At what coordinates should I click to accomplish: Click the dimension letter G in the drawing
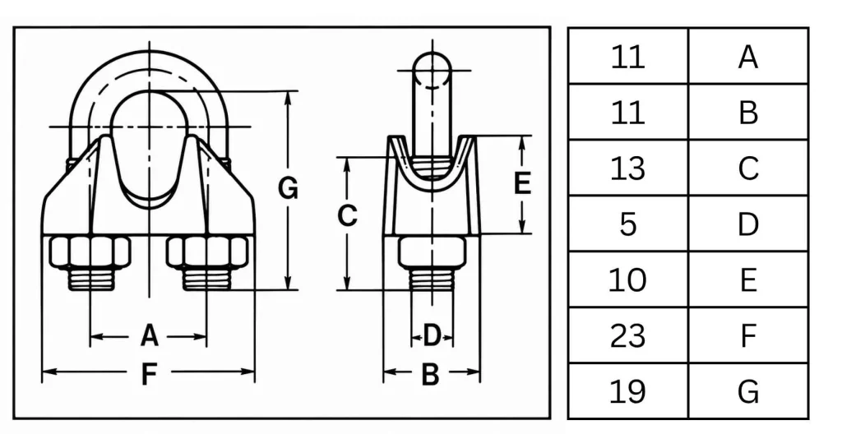288,188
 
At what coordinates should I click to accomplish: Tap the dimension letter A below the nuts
150,336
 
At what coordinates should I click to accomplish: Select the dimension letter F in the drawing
149,373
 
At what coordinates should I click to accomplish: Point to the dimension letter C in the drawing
348,215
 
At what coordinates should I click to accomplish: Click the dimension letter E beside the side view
522,183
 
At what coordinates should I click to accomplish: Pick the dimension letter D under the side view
432,336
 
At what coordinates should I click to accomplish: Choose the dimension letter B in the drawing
430,374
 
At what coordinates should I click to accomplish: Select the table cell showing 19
627,391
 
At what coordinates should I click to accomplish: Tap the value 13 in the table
627,168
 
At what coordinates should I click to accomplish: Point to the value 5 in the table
627,224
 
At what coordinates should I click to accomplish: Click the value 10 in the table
627,280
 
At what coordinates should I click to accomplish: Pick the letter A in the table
748,57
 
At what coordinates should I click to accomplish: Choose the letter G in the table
748,391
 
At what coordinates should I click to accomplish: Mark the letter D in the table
748,224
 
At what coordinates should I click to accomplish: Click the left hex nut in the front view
90,251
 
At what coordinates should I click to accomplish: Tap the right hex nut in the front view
207,251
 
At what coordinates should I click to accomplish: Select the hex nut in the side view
432,252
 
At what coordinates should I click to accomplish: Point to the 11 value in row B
627,113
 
